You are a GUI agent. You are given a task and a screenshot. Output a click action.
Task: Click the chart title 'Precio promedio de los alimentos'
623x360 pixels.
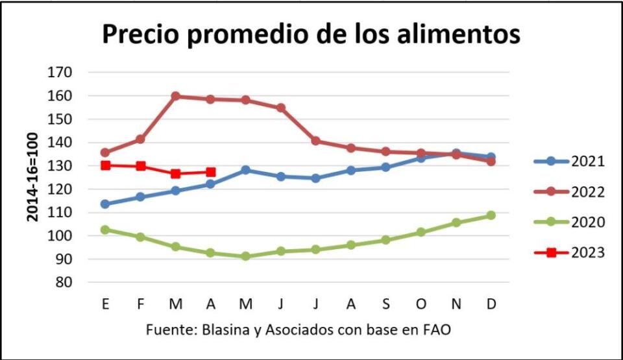point(311,34)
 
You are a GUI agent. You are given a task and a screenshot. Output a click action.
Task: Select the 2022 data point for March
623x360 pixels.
point(175,96)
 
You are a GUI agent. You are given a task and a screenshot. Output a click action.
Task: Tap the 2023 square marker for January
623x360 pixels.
point(105,165)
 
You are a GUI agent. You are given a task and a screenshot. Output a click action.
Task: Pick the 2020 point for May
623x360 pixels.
point(245,256)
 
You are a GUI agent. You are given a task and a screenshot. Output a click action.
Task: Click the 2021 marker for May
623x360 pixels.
point(245,170)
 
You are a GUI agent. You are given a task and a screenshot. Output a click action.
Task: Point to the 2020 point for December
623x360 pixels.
point(491,215)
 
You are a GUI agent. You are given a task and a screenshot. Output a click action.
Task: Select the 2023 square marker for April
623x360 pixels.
point(210,172)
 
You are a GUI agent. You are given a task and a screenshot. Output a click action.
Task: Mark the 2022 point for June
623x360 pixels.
point(280,108)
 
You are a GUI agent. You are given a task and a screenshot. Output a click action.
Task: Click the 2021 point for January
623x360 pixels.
point(105,204)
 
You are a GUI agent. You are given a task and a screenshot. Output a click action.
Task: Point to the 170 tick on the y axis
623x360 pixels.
point(60,73)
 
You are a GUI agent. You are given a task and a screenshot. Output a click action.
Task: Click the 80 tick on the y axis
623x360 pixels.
point(63,283)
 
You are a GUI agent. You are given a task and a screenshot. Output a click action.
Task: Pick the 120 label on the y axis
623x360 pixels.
point(60,189)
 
